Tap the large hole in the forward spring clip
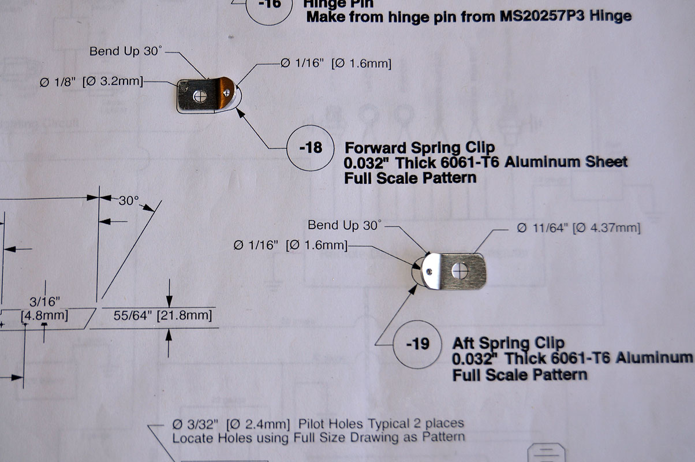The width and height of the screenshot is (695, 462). [200, 96]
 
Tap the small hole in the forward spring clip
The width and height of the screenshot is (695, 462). [227, 92]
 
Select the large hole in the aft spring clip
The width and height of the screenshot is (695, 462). [460, 271]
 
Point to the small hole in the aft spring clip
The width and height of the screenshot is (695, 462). [429, 272]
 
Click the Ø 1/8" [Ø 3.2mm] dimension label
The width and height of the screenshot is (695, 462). [92, 82]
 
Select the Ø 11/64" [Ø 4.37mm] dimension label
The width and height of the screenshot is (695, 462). [578, 228]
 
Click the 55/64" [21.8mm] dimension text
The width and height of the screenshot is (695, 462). [163, 315]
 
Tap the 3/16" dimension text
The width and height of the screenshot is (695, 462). [44, 301]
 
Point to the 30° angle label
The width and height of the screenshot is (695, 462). [129, 200]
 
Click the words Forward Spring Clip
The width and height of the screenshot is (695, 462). [420, 148]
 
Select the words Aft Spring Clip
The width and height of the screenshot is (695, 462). [508, 343]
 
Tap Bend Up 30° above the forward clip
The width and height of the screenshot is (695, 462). [126, 51]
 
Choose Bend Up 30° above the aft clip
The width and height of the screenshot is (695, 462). [345, 225]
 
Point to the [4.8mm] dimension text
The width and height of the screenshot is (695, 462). [44, 315]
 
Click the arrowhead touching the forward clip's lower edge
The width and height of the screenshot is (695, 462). [241, 113]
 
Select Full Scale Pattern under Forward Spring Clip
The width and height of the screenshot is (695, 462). [410, 178]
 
